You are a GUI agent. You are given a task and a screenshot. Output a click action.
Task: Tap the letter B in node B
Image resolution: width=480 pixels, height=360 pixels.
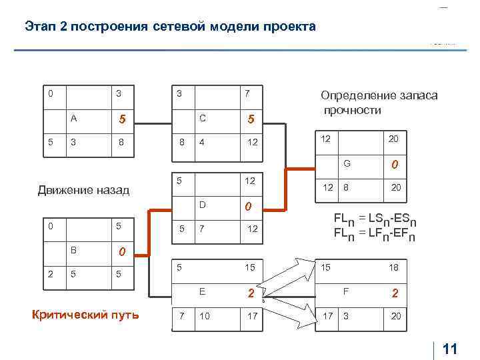coord(75,250)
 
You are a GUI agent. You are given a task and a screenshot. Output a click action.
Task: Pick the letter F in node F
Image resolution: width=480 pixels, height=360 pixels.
coord(346,291)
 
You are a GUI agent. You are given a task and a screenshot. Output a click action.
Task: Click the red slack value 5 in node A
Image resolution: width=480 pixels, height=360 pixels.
coord(122,120)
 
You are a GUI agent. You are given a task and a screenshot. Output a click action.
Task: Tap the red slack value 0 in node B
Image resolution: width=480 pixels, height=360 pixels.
coord(122,252)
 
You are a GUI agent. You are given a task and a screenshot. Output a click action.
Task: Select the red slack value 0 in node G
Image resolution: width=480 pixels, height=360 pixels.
coord(395,163)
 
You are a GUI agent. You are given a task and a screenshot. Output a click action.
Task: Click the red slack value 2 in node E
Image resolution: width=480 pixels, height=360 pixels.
coord(251,293)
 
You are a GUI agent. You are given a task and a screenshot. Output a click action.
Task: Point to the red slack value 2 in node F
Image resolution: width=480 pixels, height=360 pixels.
coord(395,293)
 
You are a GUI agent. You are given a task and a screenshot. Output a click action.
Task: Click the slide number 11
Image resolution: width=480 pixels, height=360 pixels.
coord(450,349)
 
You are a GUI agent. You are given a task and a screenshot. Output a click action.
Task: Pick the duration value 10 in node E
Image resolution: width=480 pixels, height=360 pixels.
coord(204,315)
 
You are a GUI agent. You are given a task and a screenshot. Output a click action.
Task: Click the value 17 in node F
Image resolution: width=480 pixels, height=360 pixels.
coord(328,315)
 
